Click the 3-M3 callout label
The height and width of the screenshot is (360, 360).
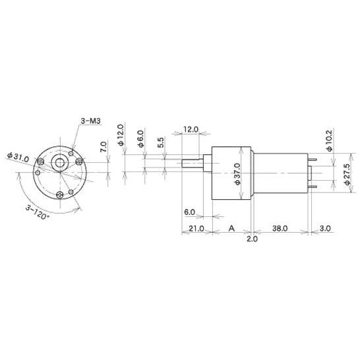[x=91, y=121]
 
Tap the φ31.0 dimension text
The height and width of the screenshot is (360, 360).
[x=18, y=157]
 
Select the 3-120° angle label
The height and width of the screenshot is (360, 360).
[x=37, y=212]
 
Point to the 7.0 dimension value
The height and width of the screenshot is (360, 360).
[x=104, y=147]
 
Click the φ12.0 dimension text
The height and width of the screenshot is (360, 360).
[x=121, y=135]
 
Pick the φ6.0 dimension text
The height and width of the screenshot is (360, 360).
[x=140, y=138]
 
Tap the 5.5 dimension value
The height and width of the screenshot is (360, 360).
[x=161, y=142]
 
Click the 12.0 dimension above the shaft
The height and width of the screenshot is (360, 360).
[x=191, y=129]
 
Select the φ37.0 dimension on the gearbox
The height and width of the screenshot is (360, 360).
[x=237, y=174]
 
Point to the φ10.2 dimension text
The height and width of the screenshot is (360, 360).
[x=329, y=140]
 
